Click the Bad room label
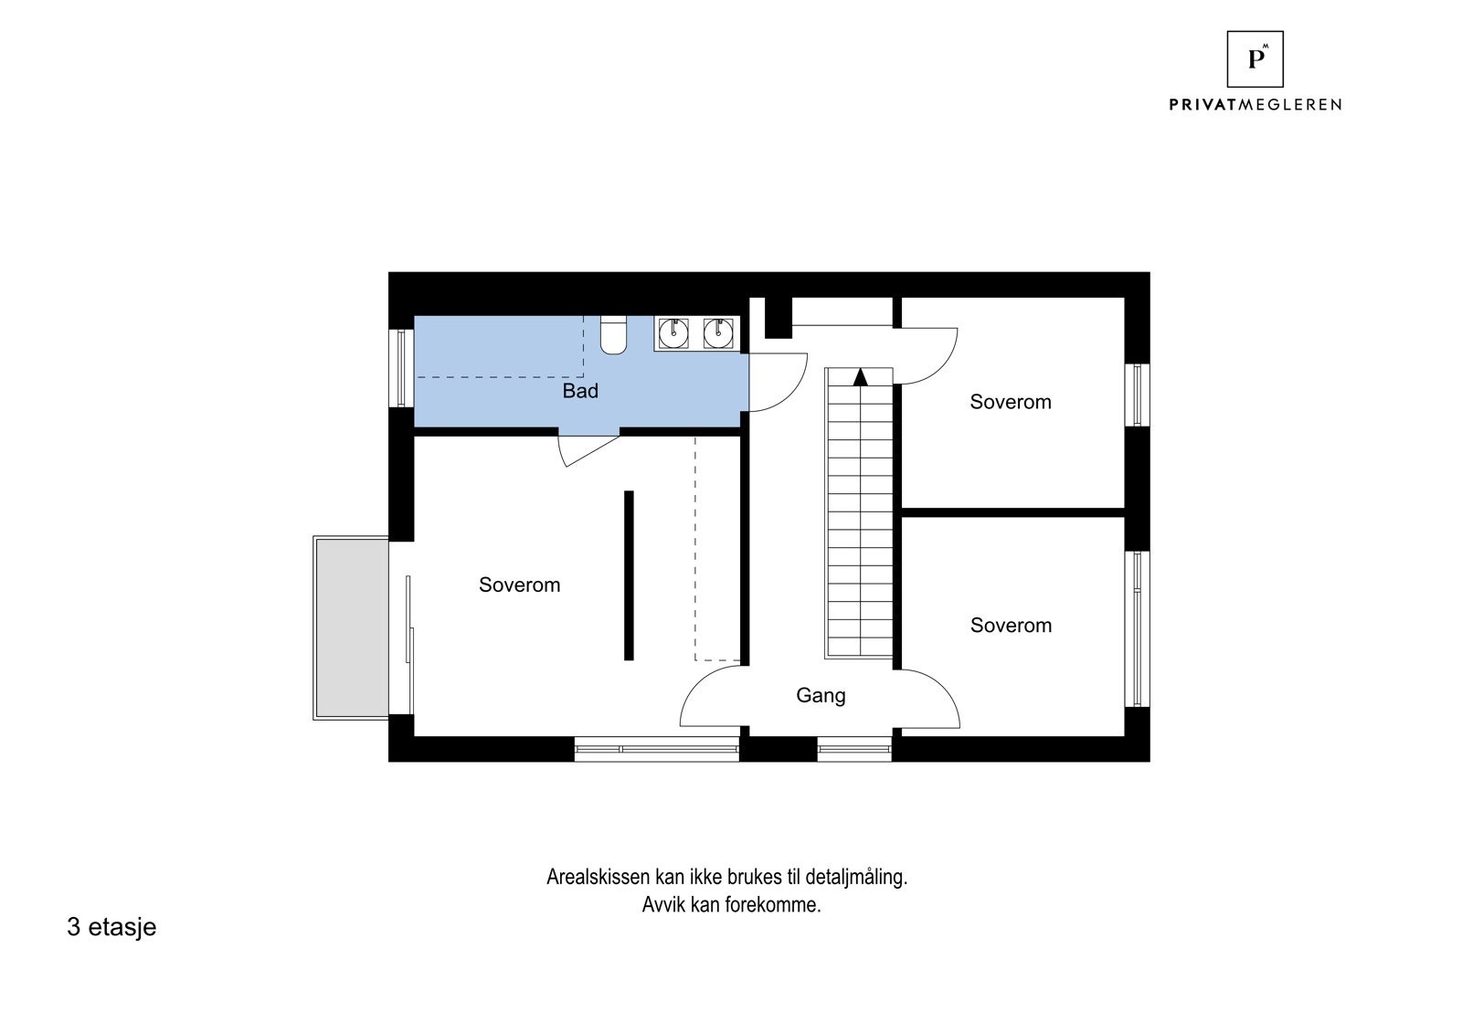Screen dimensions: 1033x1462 click(580, 391)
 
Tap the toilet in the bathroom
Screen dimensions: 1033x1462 click(613, 335)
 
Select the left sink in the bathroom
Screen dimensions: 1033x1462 click(674, 333)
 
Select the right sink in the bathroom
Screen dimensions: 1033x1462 click(719, 333)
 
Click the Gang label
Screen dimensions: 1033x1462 click(821, 695)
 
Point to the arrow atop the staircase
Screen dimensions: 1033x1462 click(859, 376)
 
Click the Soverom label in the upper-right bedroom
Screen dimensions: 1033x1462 click(1011, 402)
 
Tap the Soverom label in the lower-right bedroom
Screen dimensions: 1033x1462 click(1011, 626)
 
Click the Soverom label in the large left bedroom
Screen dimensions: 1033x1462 click(519, 585)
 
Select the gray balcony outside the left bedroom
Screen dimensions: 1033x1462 click(351, 627)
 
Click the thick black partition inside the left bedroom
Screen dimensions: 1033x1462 click(629, 574)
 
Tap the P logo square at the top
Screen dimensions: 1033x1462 click(1255, 59)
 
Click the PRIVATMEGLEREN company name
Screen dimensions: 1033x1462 click(1255, 105)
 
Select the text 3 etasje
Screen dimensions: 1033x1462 click(111, 927)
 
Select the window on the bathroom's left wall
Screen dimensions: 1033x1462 click(400, 367)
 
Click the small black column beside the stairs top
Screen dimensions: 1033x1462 click(778, 317)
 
